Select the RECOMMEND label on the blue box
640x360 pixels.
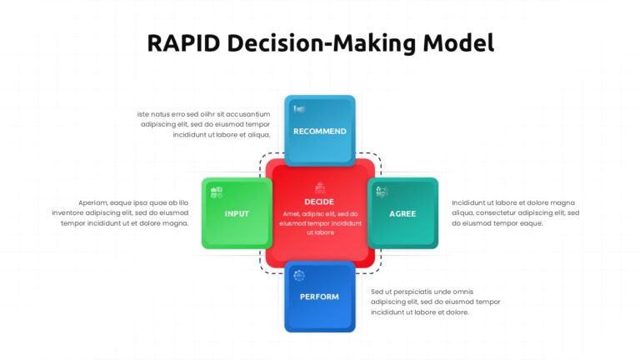point(319,131)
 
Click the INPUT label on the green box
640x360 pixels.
point(237,213)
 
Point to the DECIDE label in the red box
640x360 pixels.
point(319,202)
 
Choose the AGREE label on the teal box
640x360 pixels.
point(402,213)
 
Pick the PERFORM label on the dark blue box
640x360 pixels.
point(319,297)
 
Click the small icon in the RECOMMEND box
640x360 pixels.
point(299,109)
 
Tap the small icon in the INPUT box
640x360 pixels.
point(217,192)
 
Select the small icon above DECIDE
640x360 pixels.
point(319,187)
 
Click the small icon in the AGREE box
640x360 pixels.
point(382,192)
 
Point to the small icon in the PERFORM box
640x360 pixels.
point(299,275)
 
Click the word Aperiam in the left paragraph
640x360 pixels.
point(94,202)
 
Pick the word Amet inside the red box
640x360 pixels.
point(291,213)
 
